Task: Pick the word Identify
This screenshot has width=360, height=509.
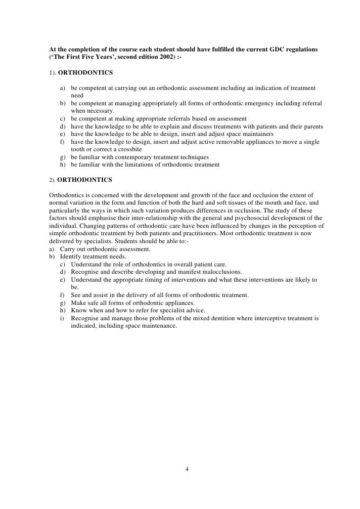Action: [73, 256]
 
